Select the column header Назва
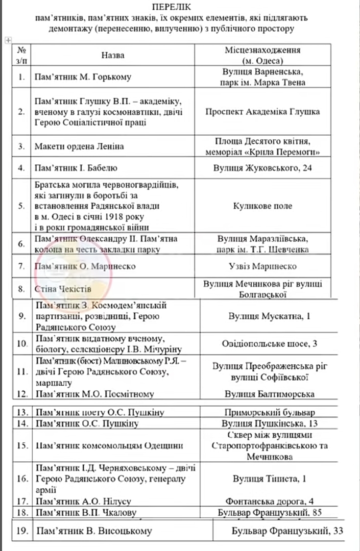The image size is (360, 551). pos(113,55)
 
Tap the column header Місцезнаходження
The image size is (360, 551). pos(262,50)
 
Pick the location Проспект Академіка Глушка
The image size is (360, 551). pos(262,112)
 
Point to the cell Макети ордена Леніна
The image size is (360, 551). pos(79,146)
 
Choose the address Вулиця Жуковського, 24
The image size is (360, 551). pos(262,167)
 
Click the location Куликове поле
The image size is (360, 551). pos(262,206)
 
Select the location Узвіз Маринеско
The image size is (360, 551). pos(262,266)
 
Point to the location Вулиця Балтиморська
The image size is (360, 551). pos(270,394)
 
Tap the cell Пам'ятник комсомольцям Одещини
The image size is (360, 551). pos(109,445)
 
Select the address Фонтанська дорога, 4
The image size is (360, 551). pos(270,501)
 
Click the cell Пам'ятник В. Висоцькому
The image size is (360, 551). pos(93,532)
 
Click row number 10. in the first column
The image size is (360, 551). pos(22,343)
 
